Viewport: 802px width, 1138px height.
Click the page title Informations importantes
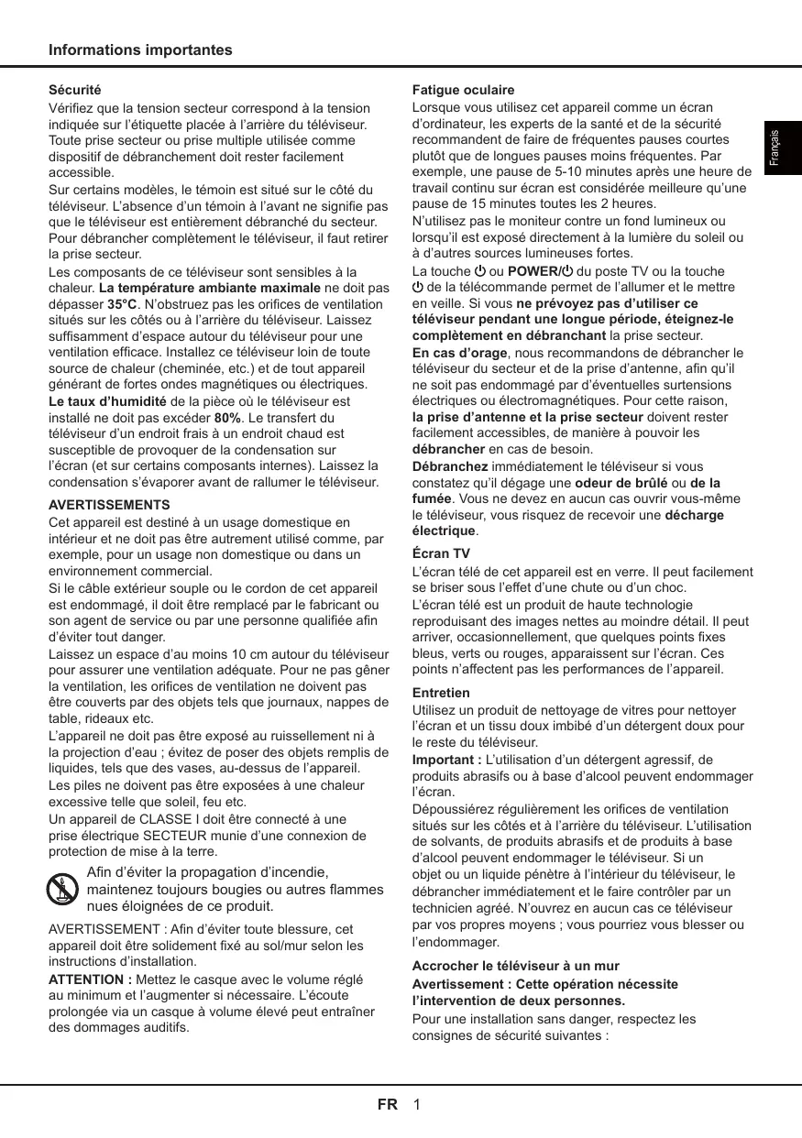point(140,50)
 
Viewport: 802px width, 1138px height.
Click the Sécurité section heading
point(74,91)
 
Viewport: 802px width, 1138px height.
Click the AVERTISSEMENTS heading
point(109,505)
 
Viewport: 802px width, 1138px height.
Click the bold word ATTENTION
point(90,979)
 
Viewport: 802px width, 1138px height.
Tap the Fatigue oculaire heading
point(463,91)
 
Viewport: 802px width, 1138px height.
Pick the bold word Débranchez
point(450,466)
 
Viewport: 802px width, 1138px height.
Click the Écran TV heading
point(441,554)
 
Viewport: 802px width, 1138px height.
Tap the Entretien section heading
point(441,693)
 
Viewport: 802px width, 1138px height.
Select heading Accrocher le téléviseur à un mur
point(515,966)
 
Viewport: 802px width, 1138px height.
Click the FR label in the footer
point(388,1104)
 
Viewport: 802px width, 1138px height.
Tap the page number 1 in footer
point(417,1104)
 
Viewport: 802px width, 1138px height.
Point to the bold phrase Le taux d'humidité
point(107,401)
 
